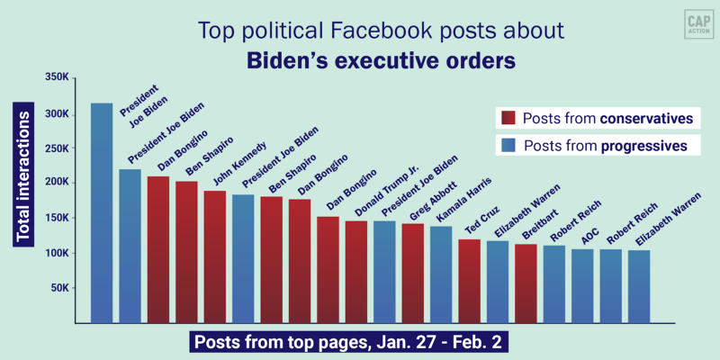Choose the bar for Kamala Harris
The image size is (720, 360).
(440, 274)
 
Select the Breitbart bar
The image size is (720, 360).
(526, 283)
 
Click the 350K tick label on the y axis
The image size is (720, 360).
(57, 78)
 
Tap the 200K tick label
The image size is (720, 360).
(57, 183)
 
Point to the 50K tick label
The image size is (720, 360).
(59, 287)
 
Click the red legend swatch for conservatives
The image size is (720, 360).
(507, 119)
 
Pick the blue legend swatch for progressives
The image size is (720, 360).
(507, 145)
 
